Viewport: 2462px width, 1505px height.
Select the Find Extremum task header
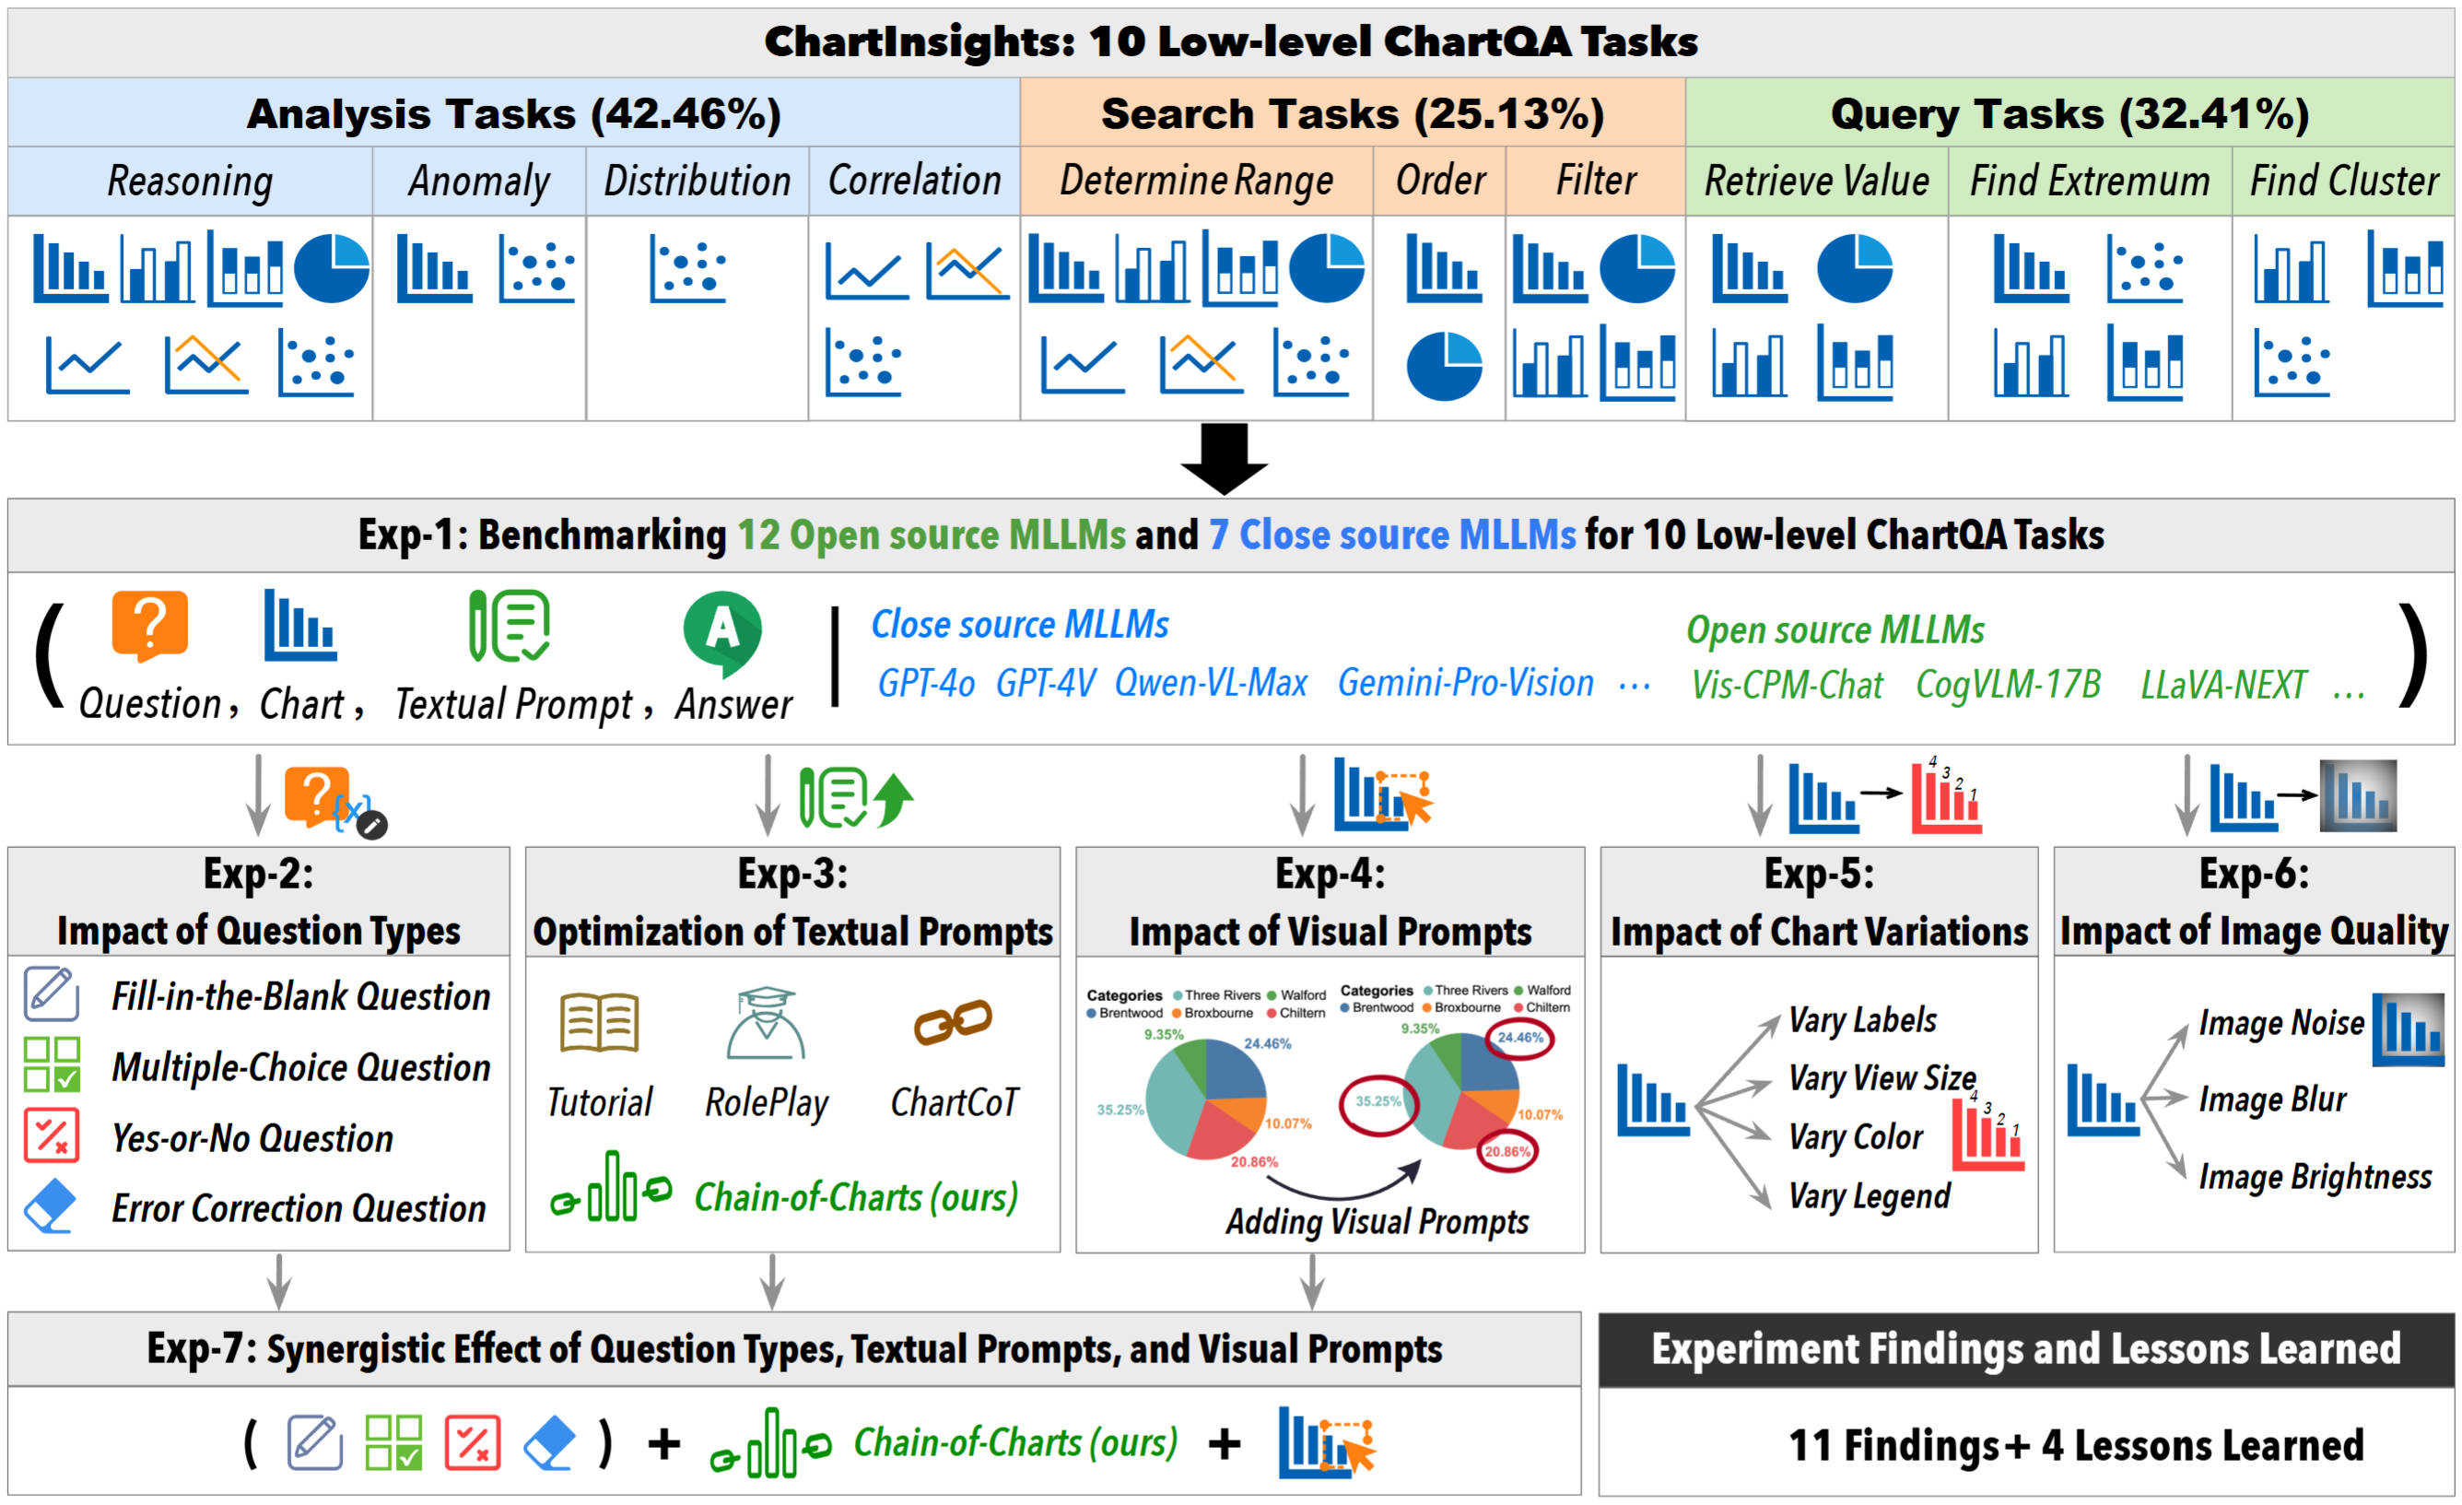coord(2090,182)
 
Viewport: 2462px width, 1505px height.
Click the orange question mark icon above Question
coord(149,626)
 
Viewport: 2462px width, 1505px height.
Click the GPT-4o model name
coord(926,684)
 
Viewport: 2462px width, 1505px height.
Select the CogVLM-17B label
coord(2009,685)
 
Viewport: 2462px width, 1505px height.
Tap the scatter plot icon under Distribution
coord(687,269)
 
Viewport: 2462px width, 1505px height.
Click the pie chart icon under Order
coord(1444,366)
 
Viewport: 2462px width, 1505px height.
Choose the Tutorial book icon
coord(600,1022)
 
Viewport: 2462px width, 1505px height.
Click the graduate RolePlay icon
coord(767,1023)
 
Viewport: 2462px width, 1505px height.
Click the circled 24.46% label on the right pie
coord(1519,1038)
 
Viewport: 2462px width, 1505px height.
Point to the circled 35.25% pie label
coord(1378,1101)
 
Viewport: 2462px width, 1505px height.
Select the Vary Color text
coord(1856,1137)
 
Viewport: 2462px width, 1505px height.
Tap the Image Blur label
coord(2272,1099)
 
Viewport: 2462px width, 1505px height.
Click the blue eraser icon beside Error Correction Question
coord(49,1206)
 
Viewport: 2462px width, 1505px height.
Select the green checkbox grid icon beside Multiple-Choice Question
coord(52,1064)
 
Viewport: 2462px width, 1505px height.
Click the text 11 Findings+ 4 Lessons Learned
coord(2075,1445)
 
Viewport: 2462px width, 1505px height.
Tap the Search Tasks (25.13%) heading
coord(1352,114)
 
